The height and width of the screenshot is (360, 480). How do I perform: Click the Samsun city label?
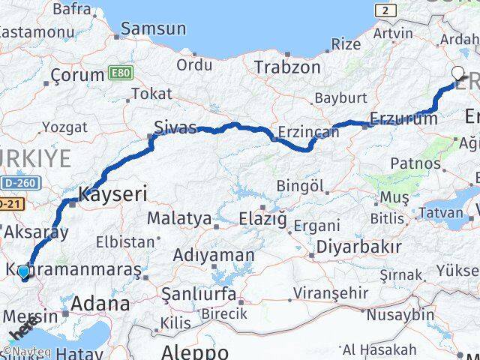click(x=154, y=29)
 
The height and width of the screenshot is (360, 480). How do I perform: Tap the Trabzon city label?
click(x=287, y=67)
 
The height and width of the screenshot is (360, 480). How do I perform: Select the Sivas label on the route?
click(x=175, y=127)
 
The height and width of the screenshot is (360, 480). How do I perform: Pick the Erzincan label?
click(x=308, y=132)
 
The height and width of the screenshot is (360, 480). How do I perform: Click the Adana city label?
click(x=100, y=304)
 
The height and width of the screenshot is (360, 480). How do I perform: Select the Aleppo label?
click(x=195, y=352)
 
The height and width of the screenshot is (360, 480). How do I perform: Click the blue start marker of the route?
click(x=24, y=271)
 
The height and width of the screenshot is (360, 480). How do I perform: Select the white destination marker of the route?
click(x=458, y=73)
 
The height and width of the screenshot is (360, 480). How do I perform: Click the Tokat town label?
click(x=151, y=94)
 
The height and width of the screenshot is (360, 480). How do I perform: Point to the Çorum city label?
click(x=77, y=75)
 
